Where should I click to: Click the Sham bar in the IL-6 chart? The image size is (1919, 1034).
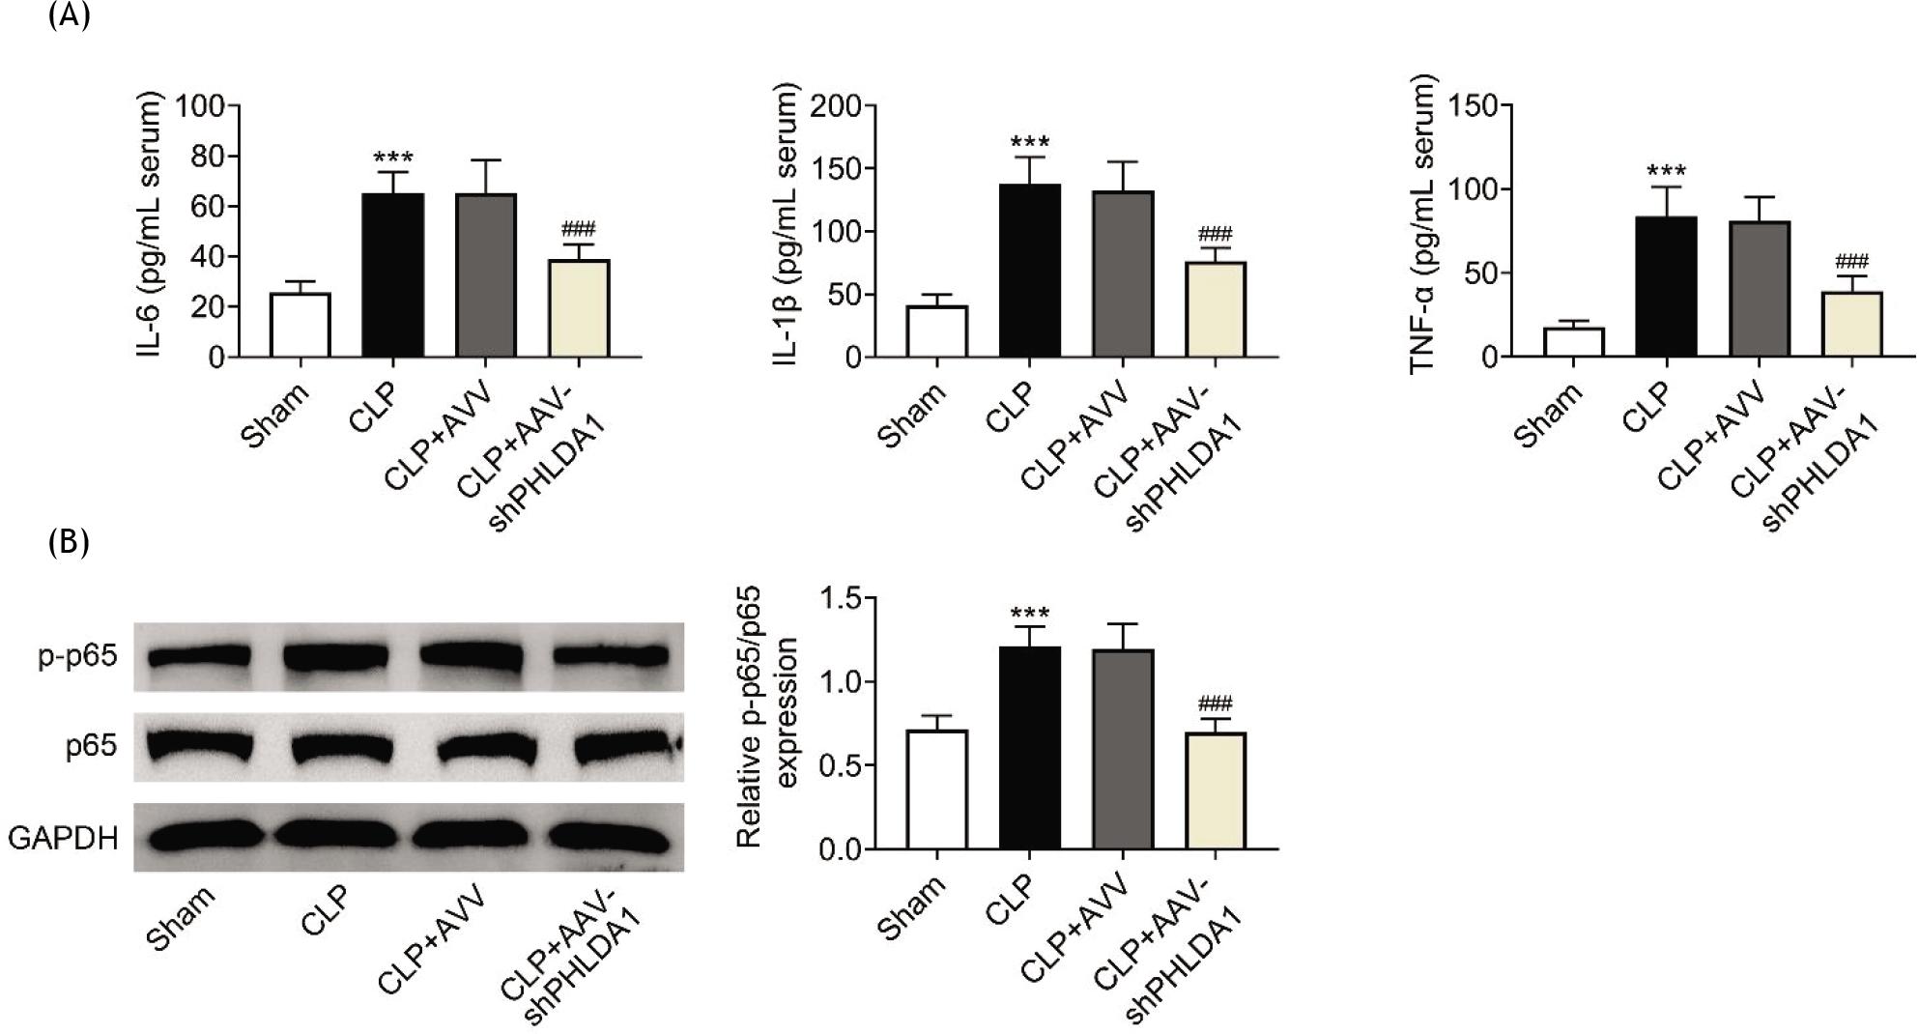tap(301, 326)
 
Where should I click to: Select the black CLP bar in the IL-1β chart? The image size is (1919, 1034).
tap(1029, 271)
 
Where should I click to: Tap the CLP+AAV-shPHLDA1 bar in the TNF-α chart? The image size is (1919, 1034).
tap(1852, 325)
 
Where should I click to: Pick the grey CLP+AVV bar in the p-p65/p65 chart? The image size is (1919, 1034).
tap(1123, 750)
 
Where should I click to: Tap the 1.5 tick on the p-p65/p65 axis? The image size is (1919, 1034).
tap(842, 599)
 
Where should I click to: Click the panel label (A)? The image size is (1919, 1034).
tap(69, 17)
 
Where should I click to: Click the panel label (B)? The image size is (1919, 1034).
tap(69, 542)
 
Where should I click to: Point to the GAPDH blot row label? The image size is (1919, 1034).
tap(63, 838)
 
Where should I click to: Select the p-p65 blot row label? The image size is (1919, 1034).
tap(77, 656)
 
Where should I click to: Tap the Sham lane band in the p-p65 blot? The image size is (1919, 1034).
tap(200, 657)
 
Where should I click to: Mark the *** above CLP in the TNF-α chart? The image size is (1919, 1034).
tap(1665, 173)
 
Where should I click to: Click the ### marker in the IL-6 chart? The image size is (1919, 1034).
tap(578, 230)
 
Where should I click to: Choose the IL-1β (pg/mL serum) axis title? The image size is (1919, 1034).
tap(788, 224)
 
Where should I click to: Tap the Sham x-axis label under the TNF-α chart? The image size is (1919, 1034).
tap(1547, 416)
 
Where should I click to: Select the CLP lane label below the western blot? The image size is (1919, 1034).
tap(325, 910)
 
